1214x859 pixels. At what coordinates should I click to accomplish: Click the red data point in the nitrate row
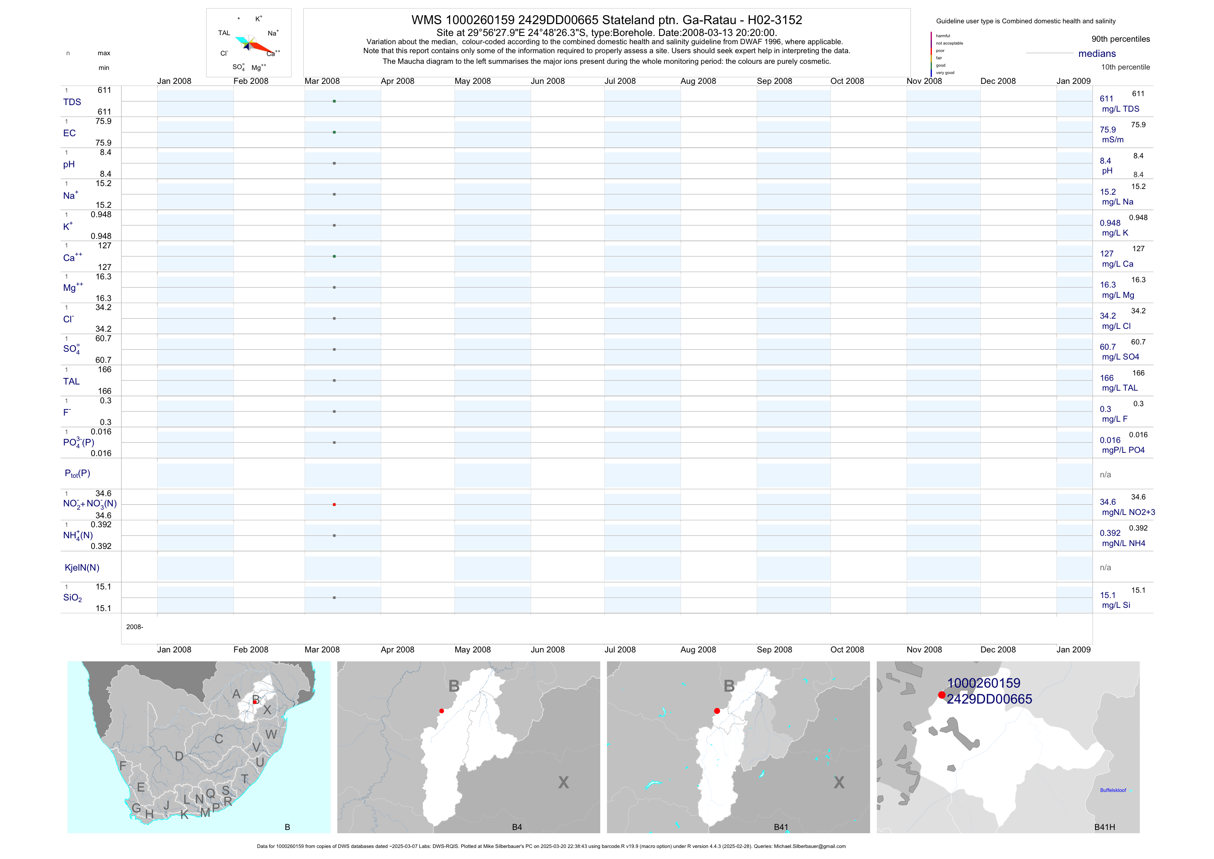334,505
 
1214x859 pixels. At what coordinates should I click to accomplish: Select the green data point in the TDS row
334,101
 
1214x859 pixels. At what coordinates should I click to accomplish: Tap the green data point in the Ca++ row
334,256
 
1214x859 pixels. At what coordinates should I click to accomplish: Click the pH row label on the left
69,164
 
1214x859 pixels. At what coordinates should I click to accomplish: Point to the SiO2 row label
72,598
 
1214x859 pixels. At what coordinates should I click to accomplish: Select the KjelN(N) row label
82,568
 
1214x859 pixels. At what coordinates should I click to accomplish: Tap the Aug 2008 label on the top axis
698,81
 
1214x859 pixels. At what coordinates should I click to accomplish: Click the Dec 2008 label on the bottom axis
998,650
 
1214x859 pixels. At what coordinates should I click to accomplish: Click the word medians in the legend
1097,54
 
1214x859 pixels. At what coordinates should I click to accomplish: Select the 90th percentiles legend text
1120,39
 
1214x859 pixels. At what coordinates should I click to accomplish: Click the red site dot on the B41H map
942,695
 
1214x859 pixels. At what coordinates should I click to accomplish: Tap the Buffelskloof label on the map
1113,790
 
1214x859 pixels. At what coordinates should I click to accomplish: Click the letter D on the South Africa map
179,756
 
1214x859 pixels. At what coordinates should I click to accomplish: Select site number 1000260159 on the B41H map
983,684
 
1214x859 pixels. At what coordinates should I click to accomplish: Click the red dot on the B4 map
442,711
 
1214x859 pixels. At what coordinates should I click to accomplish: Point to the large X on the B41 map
839,782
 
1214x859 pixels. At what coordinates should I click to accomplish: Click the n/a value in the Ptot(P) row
1105,475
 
